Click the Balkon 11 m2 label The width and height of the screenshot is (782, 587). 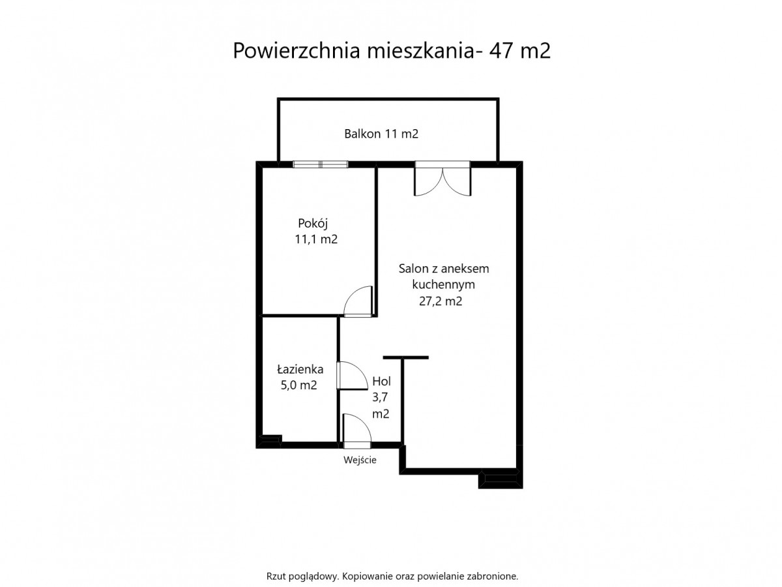(381, 134)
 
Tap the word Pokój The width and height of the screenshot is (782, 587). (312, 224)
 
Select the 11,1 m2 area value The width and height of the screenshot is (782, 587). (315, 239)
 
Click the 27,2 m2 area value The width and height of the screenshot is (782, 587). (440, 301)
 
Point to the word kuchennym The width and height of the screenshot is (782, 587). (443, 284)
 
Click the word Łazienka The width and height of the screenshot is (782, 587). (300, 369)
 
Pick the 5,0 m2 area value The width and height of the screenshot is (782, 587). (298, 385)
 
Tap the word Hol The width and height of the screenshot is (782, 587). (381, 382)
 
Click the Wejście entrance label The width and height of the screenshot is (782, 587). (360, 460)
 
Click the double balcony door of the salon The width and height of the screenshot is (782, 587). (442, 179)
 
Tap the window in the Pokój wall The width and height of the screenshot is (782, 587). (320, 164)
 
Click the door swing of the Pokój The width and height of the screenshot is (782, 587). (358, 301)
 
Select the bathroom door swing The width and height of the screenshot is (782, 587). (352, 375)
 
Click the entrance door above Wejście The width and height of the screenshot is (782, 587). (356, 431)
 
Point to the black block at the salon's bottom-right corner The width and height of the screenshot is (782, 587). (500, 479)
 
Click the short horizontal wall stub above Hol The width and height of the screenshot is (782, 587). (405, 357)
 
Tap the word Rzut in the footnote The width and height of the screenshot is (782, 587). (276, 576)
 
